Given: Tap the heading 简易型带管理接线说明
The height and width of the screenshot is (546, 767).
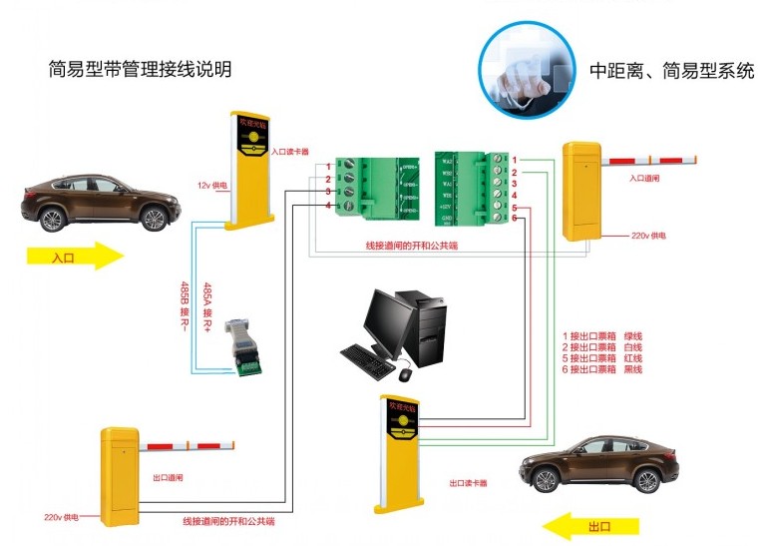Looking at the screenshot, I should click(140, 70).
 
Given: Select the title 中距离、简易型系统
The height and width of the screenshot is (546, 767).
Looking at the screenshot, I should click(671, 71).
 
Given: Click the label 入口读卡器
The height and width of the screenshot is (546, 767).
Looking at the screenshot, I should click(289, 152).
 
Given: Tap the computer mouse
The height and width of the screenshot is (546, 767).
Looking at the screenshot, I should click(405, 374).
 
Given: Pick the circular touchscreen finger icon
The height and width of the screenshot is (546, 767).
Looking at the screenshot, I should click(525, 69).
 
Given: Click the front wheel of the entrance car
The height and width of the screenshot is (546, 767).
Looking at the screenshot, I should click(154, 219).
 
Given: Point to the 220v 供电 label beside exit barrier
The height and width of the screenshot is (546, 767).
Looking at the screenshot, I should click(61, 517).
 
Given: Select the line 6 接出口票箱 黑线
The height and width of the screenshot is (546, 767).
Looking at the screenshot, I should click(602, 369).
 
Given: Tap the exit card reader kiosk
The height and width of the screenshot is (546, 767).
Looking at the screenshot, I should click(402, 449).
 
